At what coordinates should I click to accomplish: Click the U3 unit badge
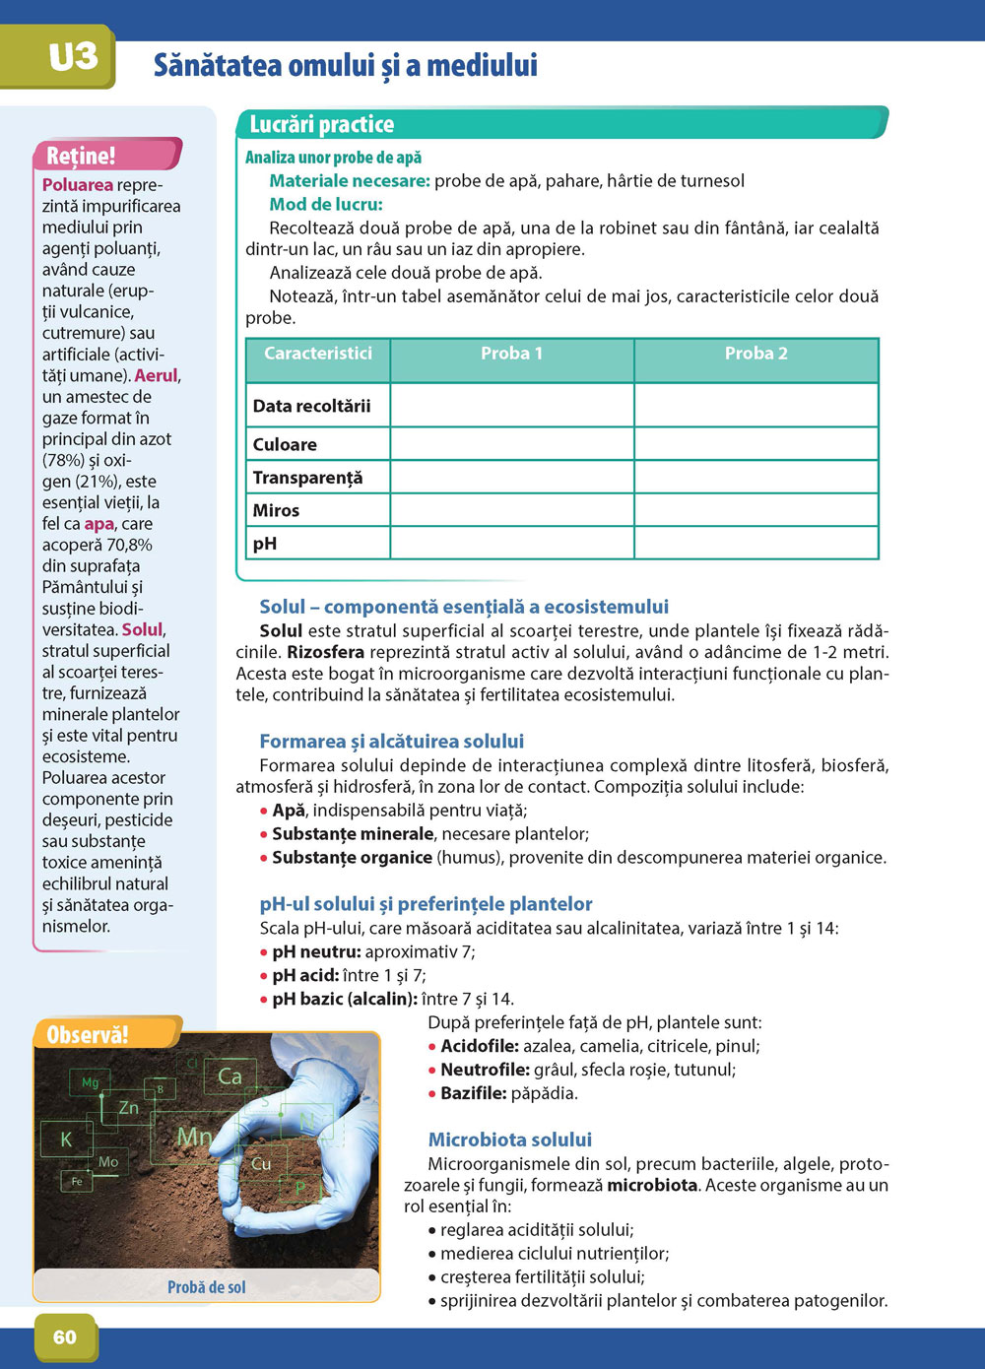73,57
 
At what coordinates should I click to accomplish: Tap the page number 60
65,1336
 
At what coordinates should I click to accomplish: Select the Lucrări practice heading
321,124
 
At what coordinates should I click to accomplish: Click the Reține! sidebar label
81,156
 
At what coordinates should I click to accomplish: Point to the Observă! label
88,1034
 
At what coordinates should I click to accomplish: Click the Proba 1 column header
511,354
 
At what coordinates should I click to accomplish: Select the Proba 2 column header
755,354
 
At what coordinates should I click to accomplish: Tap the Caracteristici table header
318,354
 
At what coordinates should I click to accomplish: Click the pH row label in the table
265,544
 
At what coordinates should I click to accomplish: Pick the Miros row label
276,510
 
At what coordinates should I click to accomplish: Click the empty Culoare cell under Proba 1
511,444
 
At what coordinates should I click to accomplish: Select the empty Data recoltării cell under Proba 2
755,405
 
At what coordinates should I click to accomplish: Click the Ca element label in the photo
230,1076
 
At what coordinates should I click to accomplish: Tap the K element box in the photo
66,1140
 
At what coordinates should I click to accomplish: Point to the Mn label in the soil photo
194,1137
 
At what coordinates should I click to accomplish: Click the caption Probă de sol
207,1287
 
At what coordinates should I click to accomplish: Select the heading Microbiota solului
509,1140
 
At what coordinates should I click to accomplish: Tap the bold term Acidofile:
479,1046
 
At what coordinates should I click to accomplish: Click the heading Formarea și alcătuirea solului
391,741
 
